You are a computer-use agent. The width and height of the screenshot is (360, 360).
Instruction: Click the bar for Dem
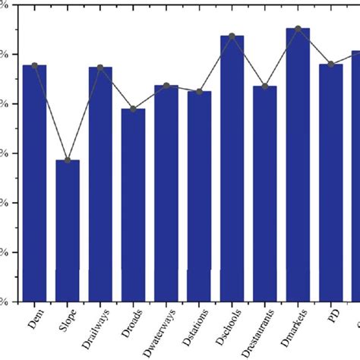35,182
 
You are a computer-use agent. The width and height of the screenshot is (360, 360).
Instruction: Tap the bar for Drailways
100,184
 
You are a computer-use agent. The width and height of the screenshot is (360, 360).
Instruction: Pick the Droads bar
133,204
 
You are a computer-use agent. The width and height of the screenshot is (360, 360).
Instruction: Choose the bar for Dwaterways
166,193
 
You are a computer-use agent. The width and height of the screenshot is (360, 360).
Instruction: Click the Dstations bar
199,195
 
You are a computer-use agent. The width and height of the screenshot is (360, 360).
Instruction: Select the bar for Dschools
232,168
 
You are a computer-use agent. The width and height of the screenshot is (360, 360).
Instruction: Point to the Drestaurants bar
265,193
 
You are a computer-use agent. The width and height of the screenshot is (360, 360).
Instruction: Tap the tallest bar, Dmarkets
298,164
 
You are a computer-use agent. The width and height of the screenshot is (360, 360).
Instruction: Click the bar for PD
330,182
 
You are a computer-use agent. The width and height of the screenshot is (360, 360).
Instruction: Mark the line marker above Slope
68,160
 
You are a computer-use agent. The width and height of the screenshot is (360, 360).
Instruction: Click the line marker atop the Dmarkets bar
298,29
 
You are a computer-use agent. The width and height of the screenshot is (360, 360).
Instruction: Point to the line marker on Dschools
232,36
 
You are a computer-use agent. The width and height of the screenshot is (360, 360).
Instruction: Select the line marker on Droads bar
133,109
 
